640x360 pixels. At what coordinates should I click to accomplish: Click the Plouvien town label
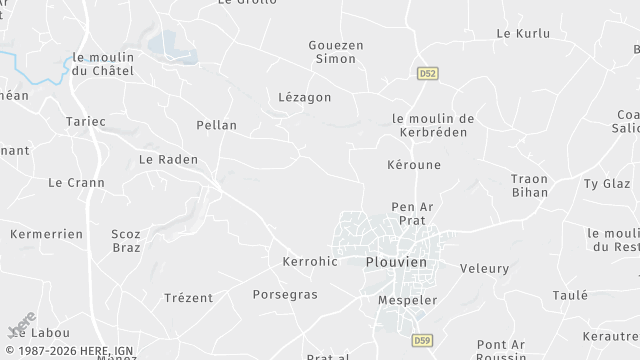(395, 261)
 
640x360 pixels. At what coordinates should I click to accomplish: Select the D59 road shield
(423, 340)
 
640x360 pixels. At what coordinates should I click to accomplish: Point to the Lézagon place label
(304, 96)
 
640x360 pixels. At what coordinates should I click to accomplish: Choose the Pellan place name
(218, 125)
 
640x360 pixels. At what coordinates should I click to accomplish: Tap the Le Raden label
(168, 159)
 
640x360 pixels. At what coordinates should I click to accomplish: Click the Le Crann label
(69, 182)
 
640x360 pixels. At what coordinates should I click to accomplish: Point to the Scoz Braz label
(127, 240)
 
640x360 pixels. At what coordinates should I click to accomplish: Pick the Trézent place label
(189, 297)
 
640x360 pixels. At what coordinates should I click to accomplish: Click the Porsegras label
(285, 295)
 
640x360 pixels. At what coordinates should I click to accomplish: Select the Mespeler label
(408, 299)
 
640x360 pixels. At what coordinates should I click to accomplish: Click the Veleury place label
(484, 268)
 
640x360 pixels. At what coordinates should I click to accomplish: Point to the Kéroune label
(413, 164)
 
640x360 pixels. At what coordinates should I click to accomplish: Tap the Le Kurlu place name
(523, 33)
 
